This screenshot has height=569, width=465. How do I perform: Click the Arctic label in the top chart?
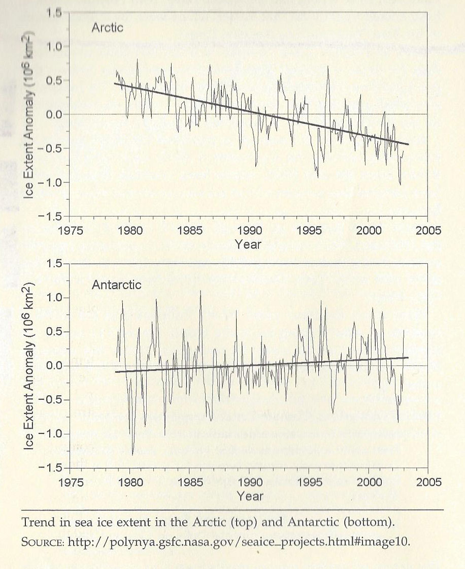point(107,27)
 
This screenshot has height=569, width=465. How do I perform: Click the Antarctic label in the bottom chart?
point(116,284)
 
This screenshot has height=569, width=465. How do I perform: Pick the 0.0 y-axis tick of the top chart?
point(51,114)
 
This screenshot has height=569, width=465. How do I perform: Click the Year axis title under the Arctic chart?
point(248,244)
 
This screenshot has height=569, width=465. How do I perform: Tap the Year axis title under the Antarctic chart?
point(248,495)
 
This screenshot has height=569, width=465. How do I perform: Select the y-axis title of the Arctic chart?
point(29,114)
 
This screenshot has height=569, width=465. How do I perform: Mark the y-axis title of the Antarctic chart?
point(29,365)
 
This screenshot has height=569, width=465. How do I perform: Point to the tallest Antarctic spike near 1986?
point(200,291)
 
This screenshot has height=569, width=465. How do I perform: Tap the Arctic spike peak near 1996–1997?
point(328,66)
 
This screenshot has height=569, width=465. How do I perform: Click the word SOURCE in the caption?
point(43,542)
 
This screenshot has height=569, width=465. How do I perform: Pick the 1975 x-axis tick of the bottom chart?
point(70,482)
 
